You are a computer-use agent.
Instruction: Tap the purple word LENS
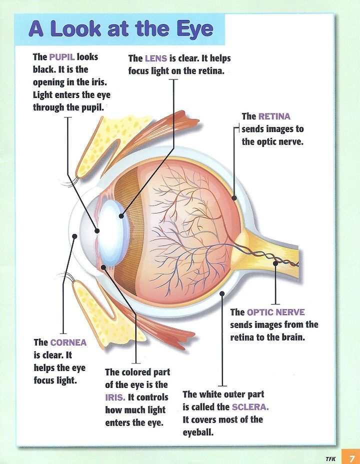tap(155, 58)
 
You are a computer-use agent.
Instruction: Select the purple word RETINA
tap(274, 116)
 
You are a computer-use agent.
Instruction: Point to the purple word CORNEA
tap(68, 342)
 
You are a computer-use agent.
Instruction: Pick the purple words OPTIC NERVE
tap(275, 312)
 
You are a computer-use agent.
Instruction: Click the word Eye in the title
tap(192, 28)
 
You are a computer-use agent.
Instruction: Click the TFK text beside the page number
tap(330, 457)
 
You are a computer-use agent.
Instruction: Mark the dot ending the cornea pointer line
tap(74, 235)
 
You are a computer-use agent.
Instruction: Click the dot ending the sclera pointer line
tap(221, 293)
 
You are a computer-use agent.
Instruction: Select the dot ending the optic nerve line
tap(275, 262)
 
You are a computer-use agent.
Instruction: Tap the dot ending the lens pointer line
tap(121, 216)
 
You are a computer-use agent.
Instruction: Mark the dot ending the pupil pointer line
tap(96, 230)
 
